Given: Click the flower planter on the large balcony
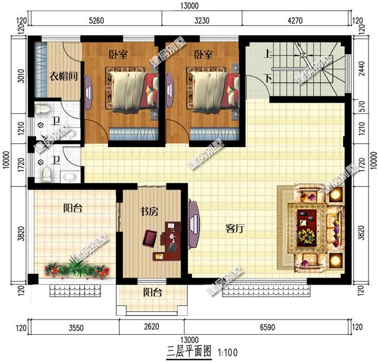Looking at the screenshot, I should pos(77,270).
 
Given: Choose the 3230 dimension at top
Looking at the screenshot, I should pos(202,21).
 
